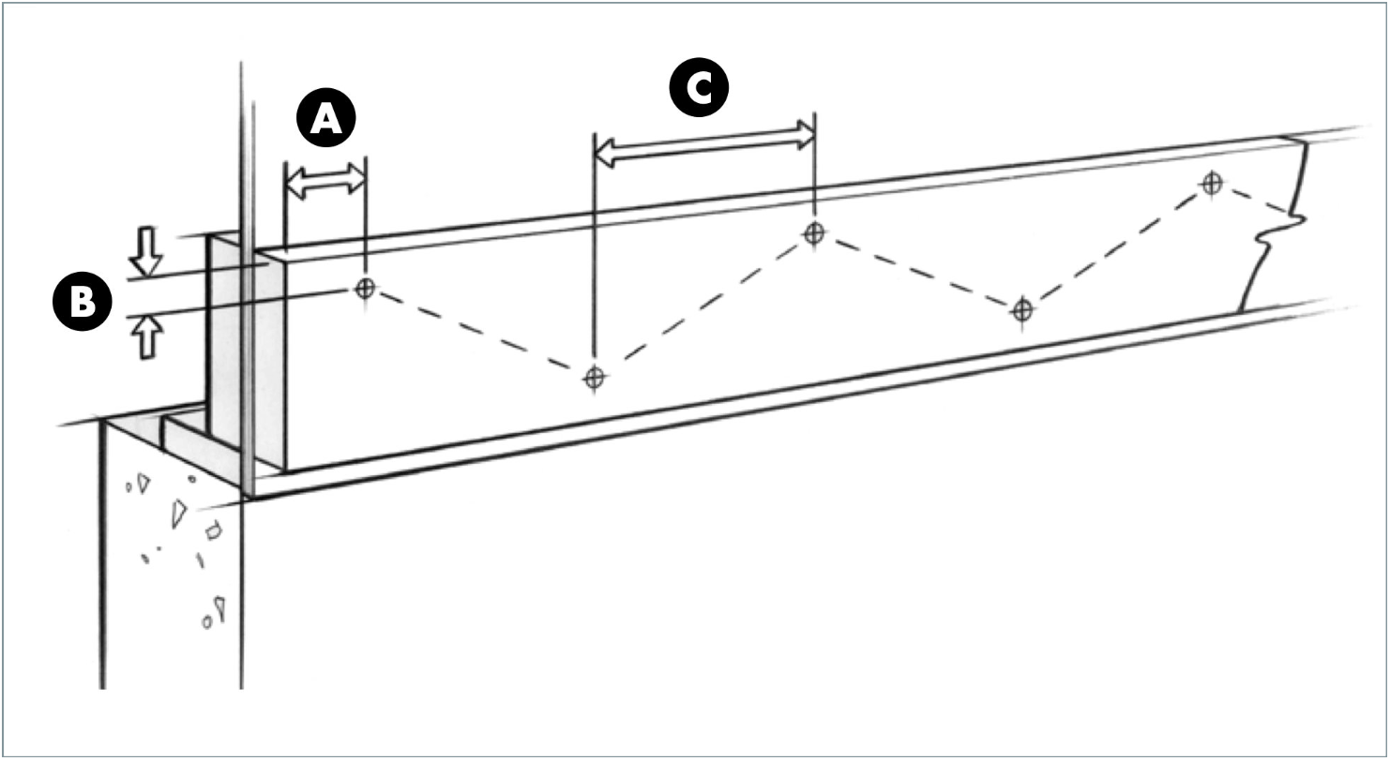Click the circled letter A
click(325, 121)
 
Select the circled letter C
click(699, 89)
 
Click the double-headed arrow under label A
click(325, 181)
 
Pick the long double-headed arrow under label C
click(705, 142)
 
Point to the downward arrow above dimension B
click(146, 249)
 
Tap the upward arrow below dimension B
click(146, 336)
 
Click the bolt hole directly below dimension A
click(365, 288)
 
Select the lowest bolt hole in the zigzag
click(593, 378)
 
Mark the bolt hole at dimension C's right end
click(813, 231)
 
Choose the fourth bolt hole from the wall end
click(1022, 309)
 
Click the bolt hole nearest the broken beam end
click(1212, 183)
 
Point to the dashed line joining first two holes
click(478, 333)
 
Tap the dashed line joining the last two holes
click(1116, 246)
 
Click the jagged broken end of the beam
click(1276, 230)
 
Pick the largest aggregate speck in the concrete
click(178, 513)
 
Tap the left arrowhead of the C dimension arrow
click(604, 152)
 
